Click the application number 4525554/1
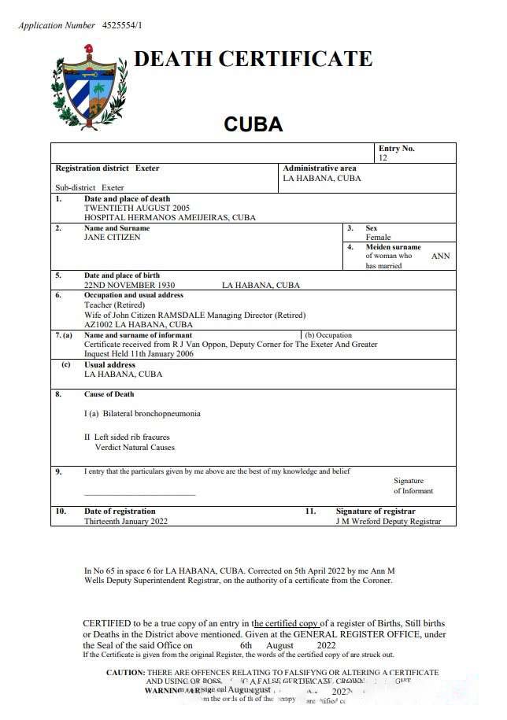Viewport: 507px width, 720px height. tap(122, 25)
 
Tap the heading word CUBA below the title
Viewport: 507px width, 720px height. tap(253, 124)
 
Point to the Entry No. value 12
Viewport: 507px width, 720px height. tap(383, 158)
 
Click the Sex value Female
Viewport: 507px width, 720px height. tap(377, 238)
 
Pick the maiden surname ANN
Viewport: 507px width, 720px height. tap(440, 257)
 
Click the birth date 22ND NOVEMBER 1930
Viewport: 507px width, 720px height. tap(130, 286)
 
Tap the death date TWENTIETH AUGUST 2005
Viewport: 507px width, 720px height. tap(139, 209)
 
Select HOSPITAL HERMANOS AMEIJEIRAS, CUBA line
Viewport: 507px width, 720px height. tap(169, 218)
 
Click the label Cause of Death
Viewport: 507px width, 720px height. tap(109, 394)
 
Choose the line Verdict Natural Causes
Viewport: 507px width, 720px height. tap(135, 448)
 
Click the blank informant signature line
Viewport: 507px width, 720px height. tap(139, 495)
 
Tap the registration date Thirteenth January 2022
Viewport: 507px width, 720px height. tap(126, 522)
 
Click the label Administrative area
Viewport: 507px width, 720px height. tap(320, 168)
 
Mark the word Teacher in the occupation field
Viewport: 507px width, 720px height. tap(98, 305)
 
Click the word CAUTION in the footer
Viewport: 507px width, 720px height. tap(125, 673)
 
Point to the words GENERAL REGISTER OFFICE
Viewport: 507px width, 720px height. tap(359, 634)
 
